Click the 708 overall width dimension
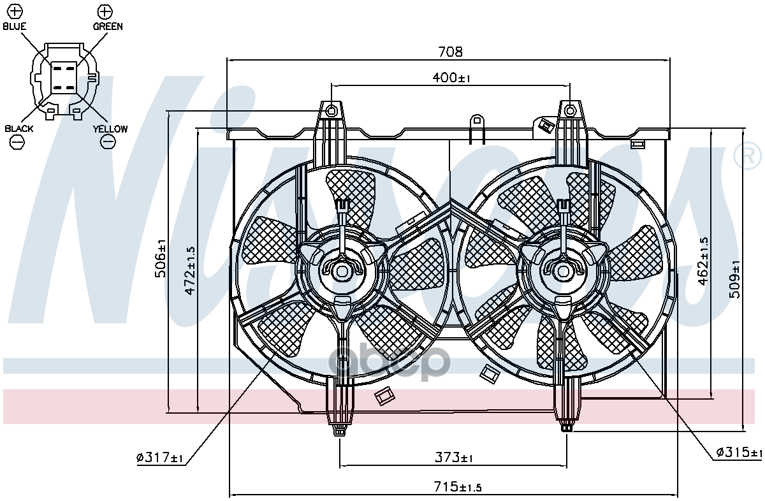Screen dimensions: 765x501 click(450, 52)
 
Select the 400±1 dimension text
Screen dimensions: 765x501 click(451, 78)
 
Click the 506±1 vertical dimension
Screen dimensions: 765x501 click(161, 258)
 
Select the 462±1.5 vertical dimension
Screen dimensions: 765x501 click(703, 261)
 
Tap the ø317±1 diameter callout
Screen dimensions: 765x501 click(160, 457)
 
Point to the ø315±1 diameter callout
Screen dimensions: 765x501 click(739, 452)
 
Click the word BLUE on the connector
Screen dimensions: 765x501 click(15, 27)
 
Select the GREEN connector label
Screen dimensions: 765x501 click(108, 27)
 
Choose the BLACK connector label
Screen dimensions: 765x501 click(19, 129)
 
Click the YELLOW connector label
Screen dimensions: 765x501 click(110, 129)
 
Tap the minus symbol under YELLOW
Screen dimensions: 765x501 click(108, 142)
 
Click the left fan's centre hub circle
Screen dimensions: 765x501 click(342, 271)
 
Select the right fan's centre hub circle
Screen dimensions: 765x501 click(563, 270)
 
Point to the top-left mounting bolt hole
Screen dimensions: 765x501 click(331, 112)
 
